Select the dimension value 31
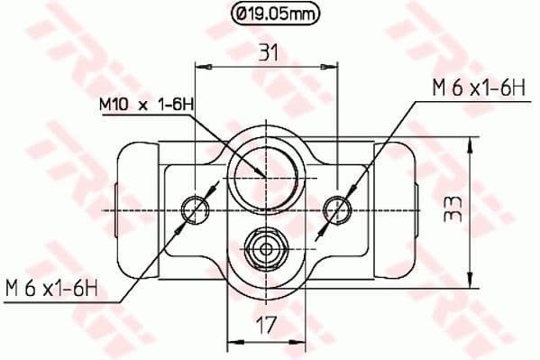pos(267,53)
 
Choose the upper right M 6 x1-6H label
pos(478,88)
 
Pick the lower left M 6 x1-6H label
pos(51,290)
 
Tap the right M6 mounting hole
pos(337,209)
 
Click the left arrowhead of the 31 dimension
pos(201,66)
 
